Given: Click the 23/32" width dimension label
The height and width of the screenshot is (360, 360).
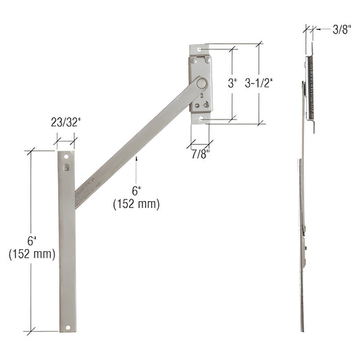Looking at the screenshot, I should coord(66,124).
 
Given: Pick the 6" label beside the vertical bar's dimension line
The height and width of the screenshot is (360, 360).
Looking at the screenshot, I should coord(32,242).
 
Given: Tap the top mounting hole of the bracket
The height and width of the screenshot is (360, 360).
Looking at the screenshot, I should coord(201,50).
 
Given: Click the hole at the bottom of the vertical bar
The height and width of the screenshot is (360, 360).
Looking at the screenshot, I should coord(68,328).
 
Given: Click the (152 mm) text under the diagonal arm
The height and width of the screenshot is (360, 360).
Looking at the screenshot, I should coord(136,203).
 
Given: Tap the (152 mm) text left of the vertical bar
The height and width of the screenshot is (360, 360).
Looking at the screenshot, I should coord(32,254).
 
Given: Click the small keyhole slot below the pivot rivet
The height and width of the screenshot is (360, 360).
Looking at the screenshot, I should coord(201,97).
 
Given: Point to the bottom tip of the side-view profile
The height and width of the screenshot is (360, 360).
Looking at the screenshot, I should coord(303,331).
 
